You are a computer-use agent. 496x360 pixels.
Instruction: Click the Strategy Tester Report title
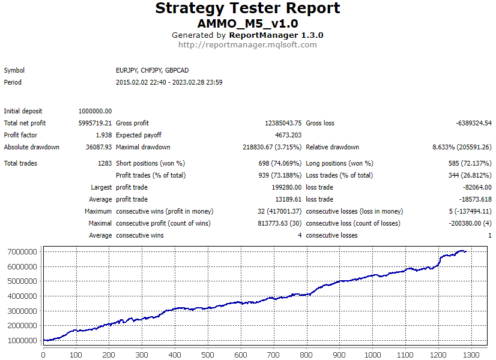click(x=247, y=8)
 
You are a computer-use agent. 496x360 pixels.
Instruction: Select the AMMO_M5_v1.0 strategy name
click(x=247, y=23)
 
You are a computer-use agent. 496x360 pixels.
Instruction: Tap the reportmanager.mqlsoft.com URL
click(x=247, y=44)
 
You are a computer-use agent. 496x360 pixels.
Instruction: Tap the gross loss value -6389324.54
click(x=474, y=123)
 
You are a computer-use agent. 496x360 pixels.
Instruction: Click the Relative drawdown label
click(x=333, y=147)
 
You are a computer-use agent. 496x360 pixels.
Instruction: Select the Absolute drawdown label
click(x=31, y=147)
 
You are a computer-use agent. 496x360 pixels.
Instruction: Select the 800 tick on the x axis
click(x=307, y=355)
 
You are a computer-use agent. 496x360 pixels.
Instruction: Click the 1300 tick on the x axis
click(x=472, y=355)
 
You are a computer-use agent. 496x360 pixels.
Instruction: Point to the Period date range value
click(x=169, y=82)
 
